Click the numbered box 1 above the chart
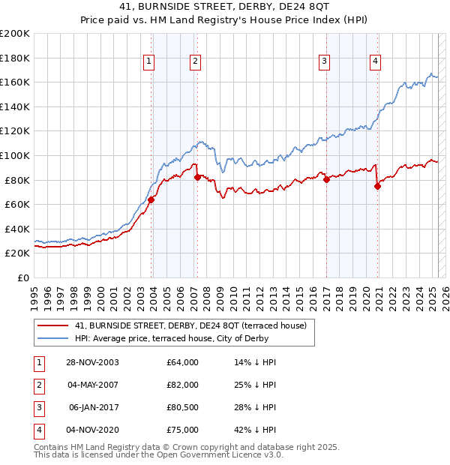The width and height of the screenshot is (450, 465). coord(149,62)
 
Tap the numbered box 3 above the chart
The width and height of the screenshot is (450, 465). coord(325,62)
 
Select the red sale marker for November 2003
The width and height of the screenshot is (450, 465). coord(151,199)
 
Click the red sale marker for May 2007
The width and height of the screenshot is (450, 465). coord(197,177)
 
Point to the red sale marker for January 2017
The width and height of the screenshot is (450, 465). coord(327,179)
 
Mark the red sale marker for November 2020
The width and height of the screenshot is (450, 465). coord(377,186)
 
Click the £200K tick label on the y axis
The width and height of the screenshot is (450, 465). coord(15,34)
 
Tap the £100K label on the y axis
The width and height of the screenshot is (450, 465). coord(15,155)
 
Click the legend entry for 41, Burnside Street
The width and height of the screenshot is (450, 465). coord(190,325)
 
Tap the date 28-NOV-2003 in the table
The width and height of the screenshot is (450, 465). coord(93,362)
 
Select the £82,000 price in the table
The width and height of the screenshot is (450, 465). coord(183,385)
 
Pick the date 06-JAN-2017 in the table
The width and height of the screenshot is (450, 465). coord(93,407)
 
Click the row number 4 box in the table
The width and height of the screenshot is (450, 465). coord(38,430)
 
